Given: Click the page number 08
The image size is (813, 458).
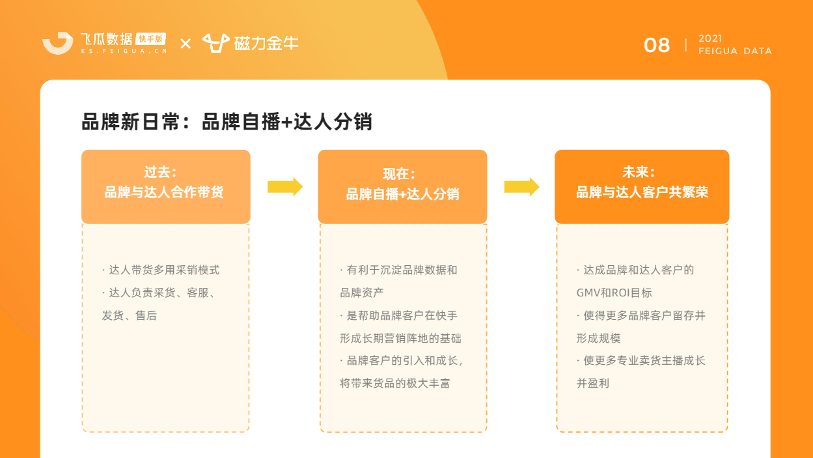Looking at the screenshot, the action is (657, 46).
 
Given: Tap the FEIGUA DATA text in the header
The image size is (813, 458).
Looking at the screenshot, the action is (735, 51).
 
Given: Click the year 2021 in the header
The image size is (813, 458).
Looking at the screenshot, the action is (710, 38).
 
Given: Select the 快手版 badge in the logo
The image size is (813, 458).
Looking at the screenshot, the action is (150, 39).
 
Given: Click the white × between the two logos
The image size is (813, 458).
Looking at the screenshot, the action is (186, 44).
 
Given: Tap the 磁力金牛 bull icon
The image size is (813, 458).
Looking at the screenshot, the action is (215, 43).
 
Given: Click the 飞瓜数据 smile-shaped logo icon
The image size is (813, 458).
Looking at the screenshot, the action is (58, 43).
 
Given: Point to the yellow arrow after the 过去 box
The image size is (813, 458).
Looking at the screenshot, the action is (285, 187).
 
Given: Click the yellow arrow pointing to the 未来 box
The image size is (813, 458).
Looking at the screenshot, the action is (521, 187).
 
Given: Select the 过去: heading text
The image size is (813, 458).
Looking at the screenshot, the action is (160, 172).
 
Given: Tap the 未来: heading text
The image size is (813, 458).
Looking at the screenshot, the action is (639, 172).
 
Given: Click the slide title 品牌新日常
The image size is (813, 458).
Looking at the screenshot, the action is (131, 122).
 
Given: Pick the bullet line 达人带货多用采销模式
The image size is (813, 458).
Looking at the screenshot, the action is (161, 270).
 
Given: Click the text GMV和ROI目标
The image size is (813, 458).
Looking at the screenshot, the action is (614, 293).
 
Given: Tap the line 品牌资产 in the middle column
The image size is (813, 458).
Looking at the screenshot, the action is (361, 293).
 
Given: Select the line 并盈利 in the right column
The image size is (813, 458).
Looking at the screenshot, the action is (593, 383).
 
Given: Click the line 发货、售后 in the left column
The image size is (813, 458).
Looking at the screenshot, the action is (130, 315).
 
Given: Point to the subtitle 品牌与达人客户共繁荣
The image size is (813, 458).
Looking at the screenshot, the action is (642, 192).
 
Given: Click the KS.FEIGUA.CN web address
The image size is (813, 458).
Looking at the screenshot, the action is (124, 51).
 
